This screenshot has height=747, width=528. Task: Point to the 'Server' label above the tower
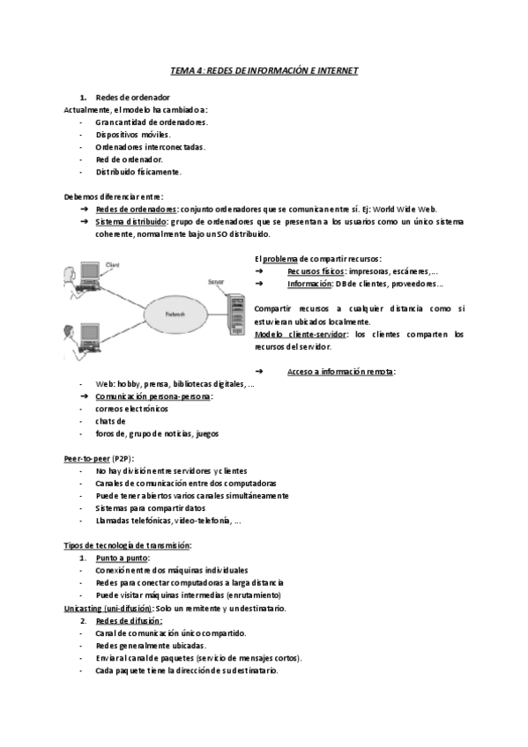[x=215, y=282]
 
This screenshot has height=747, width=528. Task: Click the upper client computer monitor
[x=90, y=274]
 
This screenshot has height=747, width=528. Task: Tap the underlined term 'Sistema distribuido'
[x=130, y=222]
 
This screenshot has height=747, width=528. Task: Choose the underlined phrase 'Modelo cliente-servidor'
[x=297, y=335]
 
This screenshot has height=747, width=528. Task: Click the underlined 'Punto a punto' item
[x=122, y=558]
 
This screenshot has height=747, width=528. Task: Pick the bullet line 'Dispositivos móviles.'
[x=133, y=135]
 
